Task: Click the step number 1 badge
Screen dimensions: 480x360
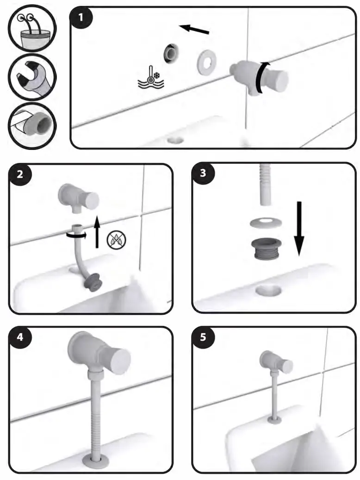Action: pos(81,18)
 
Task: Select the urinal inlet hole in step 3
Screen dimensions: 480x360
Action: pos(268,290)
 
